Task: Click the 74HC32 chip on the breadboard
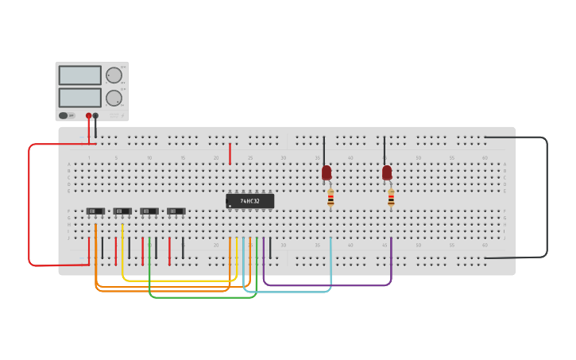coord(249,201)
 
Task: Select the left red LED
coord(327,172)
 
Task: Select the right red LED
coord(387,172)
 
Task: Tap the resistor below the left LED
coord(331,198)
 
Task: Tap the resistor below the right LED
coord(391,198)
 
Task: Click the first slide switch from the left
coord(95,211)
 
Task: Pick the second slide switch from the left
coord(122,211)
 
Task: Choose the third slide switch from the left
coord(149,211)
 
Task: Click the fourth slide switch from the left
coord(176,211)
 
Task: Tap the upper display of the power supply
coord(79,75)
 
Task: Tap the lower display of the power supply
coord(79,97)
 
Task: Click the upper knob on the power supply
coord(114,75)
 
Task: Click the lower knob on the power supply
coord(114,98)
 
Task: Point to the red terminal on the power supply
coord(89,115)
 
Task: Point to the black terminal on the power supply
coord(96,115)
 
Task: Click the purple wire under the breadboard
coord(326,285)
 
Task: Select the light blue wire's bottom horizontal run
coord(286,292)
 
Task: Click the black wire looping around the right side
coord(547,199)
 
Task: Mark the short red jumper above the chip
coord(230,153)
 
